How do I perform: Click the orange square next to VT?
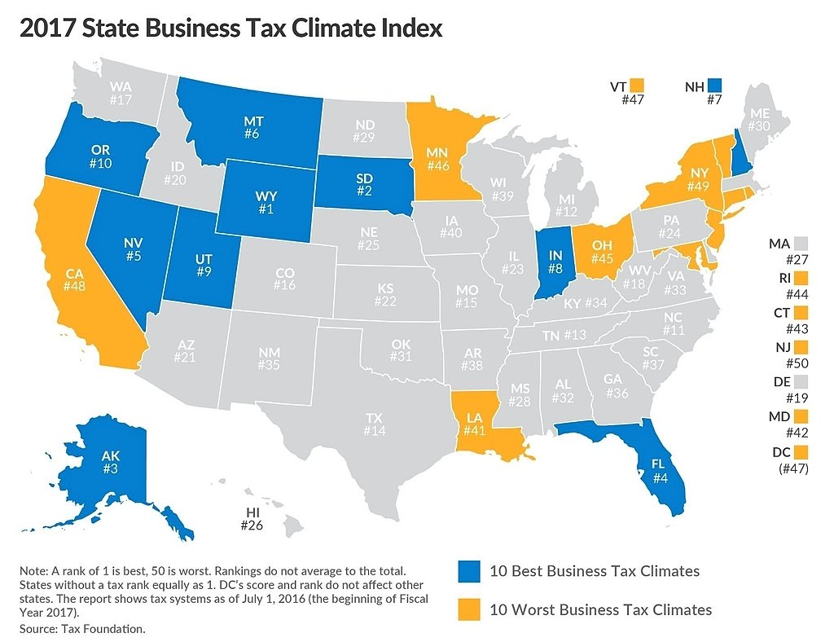pyautogui.click(x=636, y=86)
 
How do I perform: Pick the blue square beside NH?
pyautogui.click(x=714, y=86)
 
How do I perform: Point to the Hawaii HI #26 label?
pyautogui.click(x=253, y=519)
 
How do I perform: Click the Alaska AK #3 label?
pyautogui.click(x=111, y=464)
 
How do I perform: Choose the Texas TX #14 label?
pyautogui.click(x=374, y=424)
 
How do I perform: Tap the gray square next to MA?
pyautogui.click(x=801, y=243)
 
